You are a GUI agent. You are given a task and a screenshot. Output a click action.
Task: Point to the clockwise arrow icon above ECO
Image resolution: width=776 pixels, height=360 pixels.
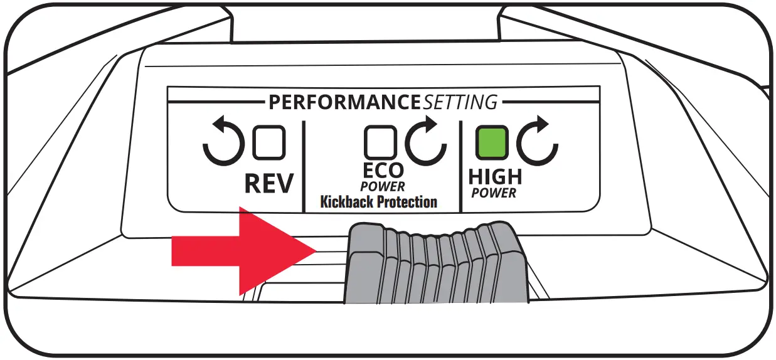tap(425, 142)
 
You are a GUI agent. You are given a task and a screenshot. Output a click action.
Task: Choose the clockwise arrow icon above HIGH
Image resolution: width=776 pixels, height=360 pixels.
tap(538, 142)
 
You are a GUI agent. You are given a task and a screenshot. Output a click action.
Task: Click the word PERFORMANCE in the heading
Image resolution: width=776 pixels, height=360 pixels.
tap(344, 102)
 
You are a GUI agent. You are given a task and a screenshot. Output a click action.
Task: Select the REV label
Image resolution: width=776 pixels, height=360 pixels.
tap(268, 184)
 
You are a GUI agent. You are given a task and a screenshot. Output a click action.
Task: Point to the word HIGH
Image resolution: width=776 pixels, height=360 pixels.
tap(495, 177)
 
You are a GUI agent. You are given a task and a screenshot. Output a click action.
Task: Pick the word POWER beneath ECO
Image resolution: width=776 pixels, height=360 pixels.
tap(383, 187)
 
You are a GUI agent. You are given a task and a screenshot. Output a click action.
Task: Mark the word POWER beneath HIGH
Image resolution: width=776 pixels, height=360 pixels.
tap(494, 193)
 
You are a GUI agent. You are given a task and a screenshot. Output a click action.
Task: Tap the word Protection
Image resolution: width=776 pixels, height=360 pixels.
tap(408, 202)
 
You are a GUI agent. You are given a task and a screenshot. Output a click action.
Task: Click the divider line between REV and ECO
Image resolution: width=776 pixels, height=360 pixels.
tap(304, 166)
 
